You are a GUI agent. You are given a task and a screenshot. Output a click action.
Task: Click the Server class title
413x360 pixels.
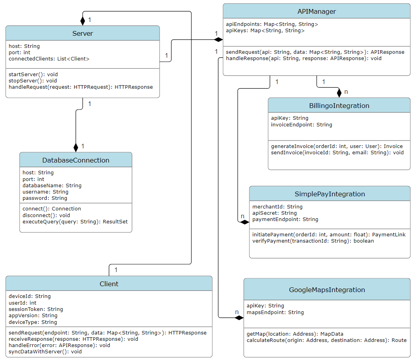tap(82, 33)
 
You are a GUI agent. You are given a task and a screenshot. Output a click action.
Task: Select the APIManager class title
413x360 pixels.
tap(317, 11)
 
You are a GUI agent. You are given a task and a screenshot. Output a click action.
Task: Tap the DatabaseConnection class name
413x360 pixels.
tap(76, 160)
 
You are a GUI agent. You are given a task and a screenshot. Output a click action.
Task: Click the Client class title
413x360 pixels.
tap(109, 284)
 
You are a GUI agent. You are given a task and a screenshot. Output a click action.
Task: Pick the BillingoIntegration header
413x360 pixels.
tap(339, 106)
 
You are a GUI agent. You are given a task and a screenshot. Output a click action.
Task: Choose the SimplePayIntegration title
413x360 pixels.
tap(330, 194)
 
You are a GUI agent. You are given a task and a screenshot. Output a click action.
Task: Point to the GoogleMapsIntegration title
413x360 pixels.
tap(327, 290)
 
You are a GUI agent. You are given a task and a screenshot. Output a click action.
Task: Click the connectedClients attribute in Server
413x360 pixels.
tap(49, 59)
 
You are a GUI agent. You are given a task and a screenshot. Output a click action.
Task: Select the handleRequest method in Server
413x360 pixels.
tap(81, 87)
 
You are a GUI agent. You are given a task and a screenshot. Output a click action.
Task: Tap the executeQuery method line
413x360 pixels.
tap(75, 221)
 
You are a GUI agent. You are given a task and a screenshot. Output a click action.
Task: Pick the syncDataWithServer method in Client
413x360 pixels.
tap(45, 352)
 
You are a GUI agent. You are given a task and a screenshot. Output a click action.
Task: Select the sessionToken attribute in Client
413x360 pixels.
tap(36, 309)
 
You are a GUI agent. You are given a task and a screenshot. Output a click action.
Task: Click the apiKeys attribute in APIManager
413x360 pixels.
tap(265, 30)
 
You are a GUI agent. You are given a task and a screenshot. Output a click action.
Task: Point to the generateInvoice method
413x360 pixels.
tap(337, 146)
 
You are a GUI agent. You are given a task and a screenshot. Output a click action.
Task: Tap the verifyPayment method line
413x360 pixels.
tap(313, 241)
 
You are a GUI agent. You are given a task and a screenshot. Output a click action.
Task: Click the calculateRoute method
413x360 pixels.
tap(326, 340)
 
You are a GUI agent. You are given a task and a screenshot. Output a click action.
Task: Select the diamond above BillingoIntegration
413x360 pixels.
tap(339, 93)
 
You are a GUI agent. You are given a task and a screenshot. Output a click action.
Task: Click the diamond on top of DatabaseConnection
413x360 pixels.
tap(76, 148)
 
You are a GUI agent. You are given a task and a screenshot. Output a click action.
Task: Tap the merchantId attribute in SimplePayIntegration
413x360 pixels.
tap(277, 206)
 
